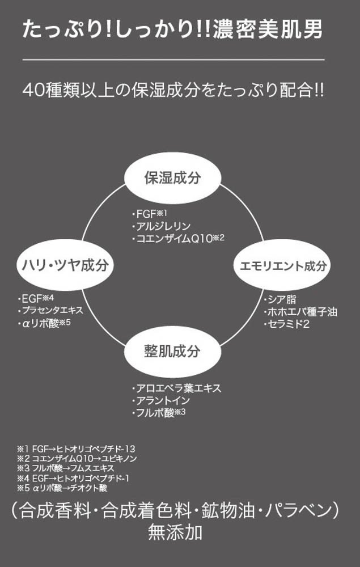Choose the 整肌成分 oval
(172, 352)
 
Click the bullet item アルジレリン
(160, 226)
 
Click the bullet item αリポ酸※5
(45, 323)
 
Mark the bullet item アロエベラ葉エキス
(176, 388)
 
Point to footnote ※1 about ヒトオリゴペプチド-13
(77, 448)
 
